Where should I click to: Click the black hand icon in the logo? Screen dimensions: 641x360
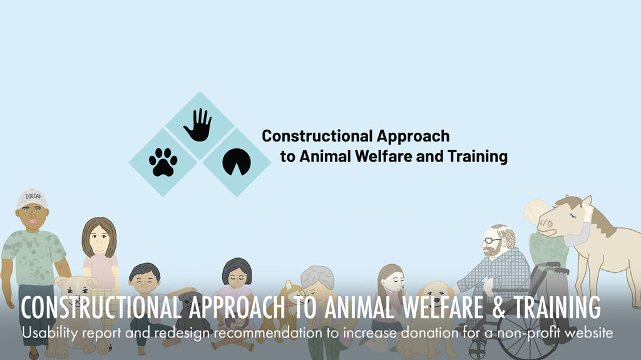(198, 125)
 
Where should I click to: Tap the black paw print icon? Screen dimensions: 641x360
(163, 162)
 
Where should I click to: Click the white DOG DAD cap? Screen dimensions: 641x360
(31, 199)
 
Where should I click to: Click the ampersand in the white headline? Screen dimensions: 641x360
(498, 307)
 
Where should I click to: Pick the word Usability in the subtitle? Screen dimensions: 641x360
(49, 333)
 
